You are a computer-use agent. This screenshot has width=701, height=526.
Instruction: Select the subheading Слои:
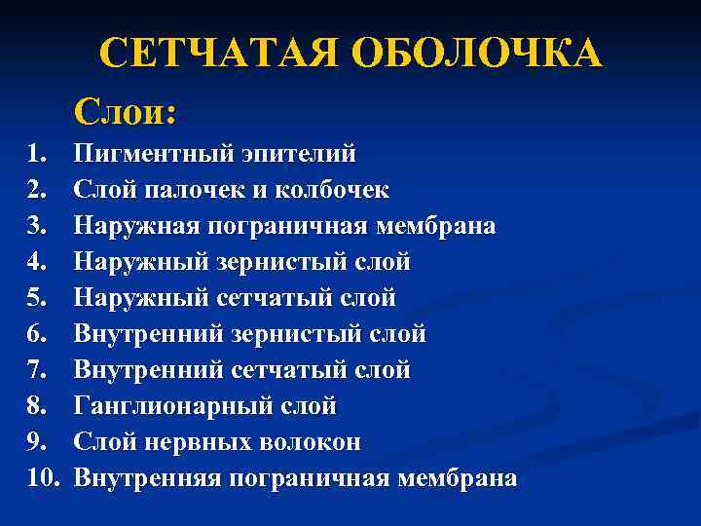pyautogui.click(x=125, y=112)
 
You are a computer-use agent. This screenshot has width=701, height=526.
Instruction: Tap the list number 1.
pyautogui.click(x=37, y=154)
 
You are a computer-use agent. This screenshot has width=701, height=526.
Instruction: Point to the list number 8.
pyautogui.click(x=37, y=406)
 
